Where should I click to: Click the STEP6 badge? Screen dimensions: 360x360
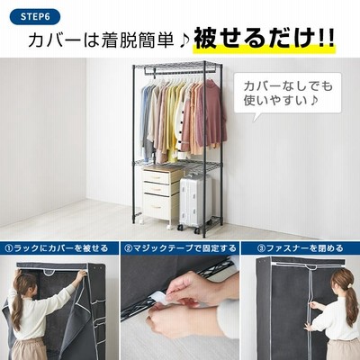tap(35, 16)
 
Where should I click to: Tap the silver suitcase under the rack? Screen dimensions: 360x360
tap(195, 202)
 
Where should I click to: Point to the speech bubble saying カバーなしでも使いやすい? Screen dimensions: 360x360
tap(287, 94)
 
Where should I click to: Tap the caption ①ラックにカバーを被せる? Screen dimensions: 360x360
tap(56, 248)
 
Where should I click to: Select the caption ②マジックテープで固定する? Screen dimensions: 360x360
tap(180, 248)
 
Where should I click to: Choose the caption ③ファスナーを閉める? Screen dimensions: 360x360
tap(301, 248)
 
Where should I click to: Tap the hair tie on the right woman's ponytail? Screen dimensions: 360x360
tap(349, 284)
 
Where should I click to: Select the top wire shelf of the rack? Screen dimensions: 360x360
tap(177, 66)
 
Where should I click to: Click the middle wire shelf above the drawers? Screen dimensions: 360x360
tap(177, 165)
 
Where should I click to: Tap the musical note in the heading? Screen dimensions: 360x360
tap(184, 42)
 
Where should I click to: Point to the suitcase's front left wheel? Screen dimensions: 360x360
tap(180, 228)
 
